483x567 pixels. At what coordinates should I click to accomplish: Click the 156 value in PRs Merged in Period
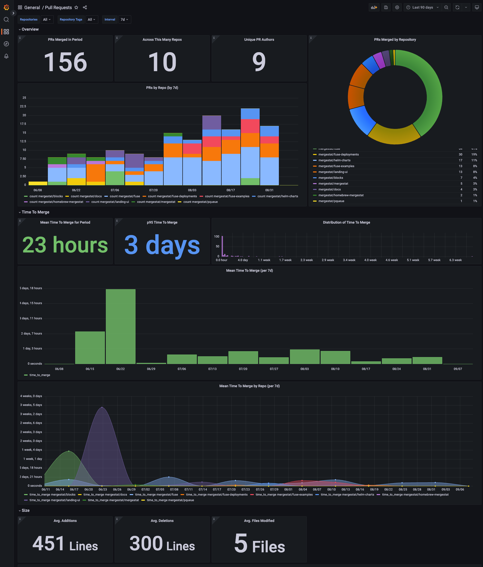(65, 62)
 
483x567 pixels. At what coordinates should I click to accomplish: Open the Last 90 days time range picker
(422, 7)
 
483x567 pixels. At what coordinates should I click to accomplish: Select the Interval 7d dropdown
(125, 19)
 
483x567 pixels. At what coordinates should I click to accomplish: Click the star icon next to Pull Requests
(76, 7)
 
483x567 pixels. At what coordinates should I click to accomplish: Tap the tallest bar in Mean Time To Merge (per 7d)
(120, 326)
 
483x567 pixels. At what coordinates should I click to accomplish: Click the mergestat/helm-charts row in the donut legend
(334, 160)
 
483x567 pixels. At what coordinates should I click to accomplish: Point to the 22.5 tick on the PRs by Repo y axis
(23, 106)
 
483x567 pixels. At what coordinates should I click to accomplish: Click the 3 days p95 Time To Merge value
(162, 245)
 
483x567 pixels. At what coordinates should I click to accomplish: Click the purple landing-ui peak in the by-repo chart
(102, 407)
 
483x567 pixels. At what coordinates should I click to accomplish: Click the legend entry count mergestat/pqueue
(200, 202)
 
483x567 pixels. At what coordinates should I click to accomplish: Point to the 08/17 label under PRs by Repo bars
(230, 190)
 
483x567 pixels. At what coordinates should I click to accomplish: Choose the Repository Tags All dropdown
(91, 19)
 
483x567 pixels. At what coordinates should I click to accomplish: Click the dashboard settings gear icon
(397, 7)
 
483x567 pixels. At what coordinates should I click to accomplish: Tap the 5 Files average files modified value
(259, 543)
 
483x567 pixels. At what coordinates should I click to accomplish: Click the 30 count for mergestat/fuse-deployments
(460, 155)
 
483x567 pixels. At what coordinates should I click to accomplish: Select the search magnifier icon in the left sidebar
(6, 19)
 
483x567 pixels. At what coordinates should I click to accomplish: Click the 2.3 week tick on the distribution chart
(306, 260)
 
